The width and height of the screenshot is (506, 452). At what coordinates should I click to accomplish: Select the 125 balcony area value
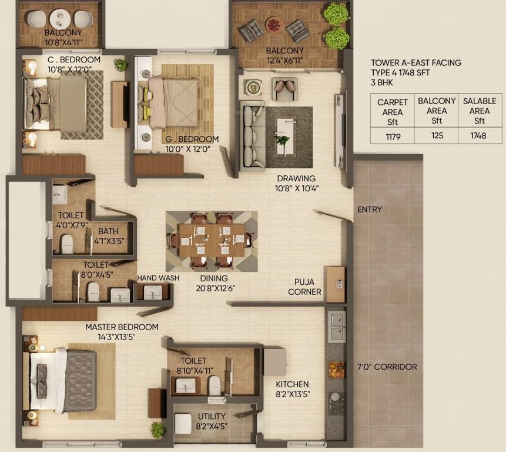click(x=436, y=135)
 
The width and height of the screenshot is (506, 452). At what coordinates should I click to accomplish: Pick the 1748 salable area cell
click(x=479, y=135)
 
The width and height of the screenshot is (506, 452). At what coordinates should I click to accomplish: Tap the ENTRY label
click(x=369, y=210)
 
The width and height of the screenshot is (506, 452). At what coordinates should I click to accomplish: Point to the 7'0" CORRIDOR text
click(x=387, y=367)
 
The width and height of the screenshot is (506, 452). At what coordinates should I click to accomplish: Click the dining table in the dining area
click(x=212, y=240)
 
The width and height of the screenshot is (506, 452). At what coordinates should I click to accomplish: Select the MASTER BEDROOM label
click(x=122, y=327)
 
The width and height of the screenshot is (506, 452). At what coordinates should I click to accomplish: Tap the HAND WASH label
click(x=158, y=278)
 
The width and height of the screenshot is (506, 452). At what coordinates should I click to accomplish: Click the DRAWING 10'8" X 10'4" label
click(x=296, y=183)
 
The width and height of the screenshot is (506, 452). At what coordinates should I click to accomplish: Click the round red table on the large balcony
click(x=274, y=25)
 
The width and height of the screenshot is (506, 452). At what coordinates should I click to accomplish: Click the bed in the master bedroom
click(x=64, y=380)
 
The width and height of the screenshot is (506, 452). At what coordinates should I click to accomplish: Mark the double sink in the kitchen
click(x=336, y=326)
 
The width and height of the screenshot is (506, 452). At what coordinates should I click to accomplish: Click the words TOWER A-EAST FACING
click(x=416, y=63)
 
